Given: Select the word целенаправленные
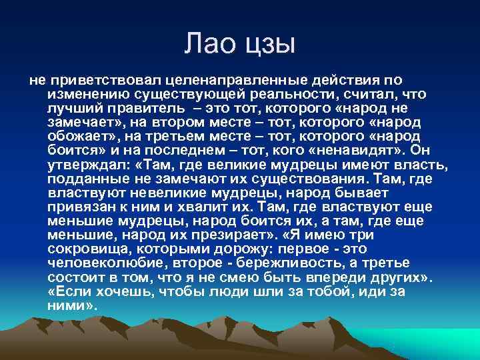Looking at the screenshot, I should click(213, 80).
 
